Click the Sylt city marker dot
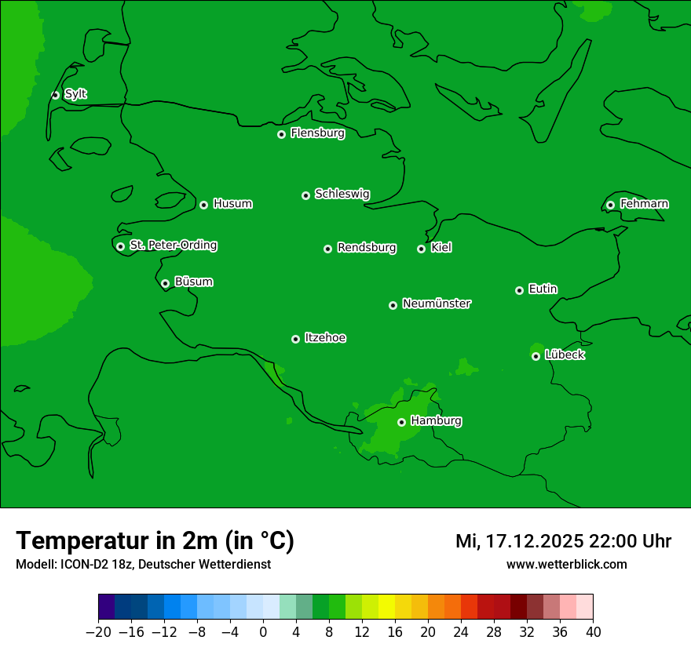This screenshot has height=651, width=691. (55, 95)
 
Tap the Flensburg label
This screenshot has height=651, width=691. (317, 133)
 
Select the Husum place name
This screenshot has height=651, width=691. (232, 204)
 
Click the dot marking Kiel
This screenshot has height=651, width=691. (421, 249)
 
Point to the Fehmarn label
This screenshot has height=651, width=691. (644, 204)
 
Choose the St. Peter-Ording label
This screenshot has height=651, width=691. (173, 245)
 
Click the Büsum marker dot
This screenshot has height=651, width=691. (165, 283)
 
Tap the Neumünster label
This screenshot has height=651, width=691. (437, 304)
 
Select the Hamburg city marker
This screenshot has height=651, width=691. (401, 422)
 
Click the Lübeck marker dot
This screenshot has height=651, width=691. (536, 356)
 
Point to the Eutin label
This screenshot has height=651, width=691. (543, 289)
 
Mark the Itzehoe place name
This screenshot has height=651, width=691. (325, 338)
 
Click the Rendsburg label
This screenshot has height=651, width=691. (367, 248)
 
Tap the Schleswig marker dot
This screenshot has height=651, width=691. (305, 195)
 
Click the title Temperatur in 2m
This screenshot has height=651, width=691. (155, 541)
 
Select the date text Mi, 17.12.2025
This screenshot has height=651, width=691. (519, 541)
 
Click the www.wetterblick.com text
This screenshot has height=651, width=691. (566, 564)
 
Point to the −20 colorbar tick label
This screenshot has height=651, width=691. (98, 632)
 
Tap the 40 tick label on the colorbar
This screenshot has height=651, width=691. (593, 632)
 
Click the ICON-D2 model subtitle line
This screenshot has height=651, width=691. (143, 564)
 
